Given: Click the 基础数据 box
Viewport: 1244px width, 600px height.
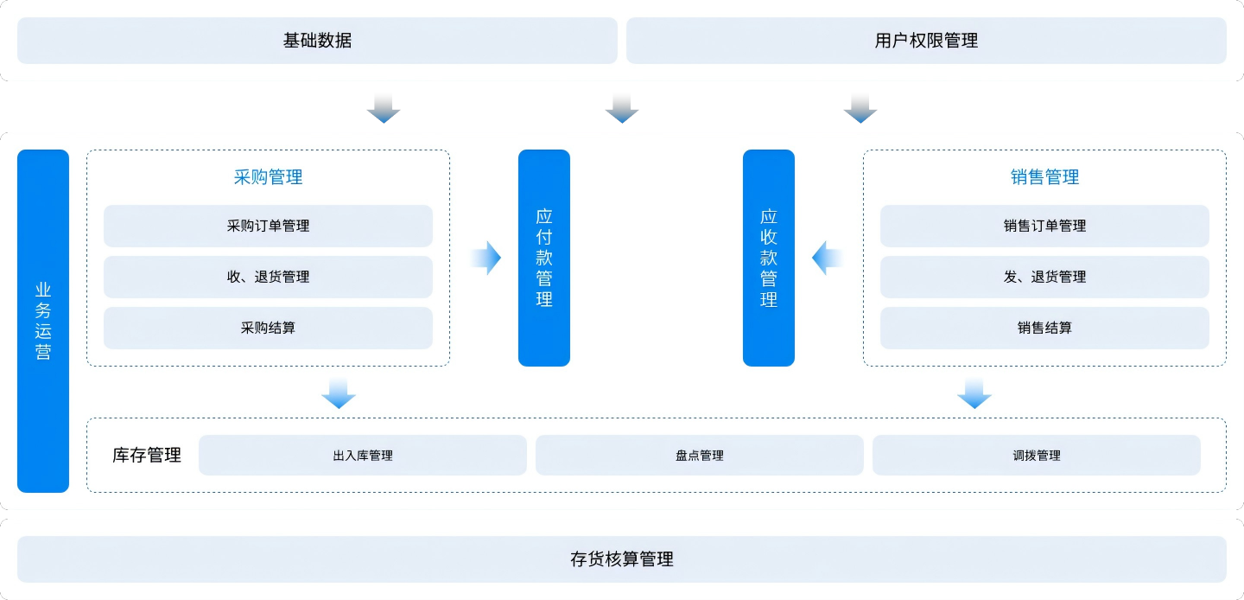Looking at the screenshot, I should point(317,41).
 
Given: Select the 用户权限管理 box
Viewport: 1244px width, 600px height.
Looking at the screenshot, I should point(926,41).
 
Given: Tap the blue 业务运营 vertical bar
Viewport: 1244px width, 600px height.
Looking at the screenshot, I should point(43,321).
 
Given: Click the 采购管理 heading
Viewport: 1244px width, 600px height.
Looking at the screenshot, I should point(268,177).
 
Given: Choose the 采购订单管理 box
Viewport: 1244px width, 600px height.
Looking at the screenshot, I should point(268,226).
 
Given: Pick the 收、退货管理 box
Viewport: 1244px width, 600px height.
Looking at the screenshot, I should point(268,277).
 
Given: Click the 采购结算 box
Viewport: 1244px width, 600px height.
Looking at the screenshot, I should point(268,328).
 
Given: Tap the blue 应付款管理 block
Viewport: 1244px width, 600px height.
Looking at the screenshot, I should point(544,258).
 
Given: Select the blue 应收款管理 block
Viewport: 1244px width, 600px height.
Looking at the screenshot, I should point(769,258).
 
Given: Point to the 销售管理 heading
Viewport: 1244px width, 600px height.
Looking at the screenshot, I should point(1044,177).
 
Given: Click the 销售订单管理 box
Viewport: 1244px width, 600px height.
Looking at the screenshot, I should point(1044,226).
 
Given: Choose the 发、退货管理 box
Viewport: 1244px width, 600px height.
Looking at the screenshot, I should point(1044,277).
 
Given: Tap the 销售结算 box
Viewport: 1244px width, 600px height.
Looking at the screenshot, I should point(1044,328).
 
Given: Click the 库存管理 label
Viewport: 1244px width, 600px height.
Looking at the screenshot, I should point(147,456).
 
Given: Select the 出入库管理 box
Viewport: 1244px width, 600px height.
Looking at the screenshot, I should point(363,456).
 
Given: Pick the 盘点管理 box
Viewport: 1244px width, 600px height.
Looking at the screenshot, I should point(700,456).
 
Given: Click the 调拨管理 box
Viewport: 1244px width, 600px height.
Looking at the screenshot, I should point(1037,456).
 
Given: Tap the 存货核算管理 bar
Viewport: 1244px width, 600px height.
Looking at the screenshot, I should point(622,559).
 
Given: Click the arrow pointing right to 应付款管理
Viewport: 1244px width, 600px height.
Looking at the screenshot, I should point(486,258).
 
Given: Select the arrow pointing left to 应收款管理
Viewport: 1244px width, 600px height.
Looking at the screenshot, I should point(827,258).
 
